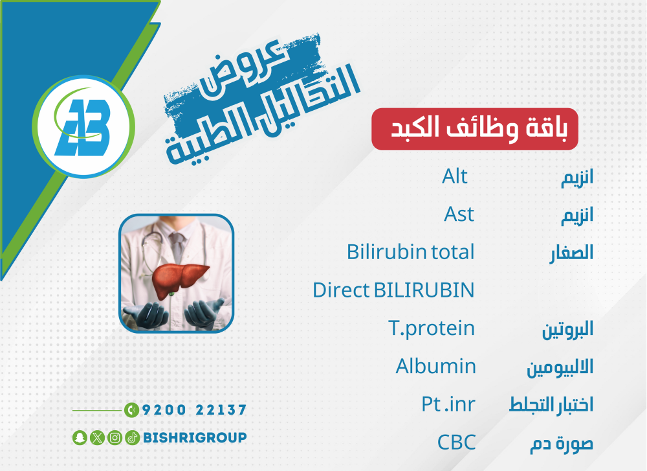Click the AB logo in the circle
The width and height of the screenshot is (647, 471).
click(x=83, y=126)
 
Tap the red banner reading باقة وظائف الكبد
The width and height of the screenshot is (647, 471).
click(x=475, y=129)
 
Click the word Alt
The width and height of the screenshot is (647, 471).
click(x=454, y=176)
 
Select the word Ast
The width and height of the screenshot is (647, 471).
click(x=459, y=214)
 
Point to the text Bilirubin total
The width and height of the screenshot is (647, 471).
click(x=411, y=252)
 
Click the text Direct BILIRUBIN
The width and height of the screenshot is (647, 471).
click(x=393, y=290)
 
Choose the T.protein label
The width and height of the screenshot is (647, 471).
click(x=432, y=329)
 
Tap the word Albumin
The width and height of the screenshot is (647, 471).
click(x=435, y=367)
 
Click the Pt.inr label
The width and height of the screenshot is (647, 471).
click(x=448, y=404)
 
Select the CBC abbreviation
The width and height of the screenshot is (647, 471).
click(x=456, y=442)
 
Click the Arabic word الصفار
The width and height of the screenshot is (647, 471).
click(x=571, y=253)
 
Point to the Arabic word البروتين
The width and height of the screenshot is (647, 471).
click(x=568, y=330)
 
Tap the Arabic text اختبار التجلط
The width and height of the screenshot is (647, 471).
click(x=551, y=405)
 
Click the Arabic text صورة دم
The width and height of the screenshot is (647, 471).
click(x=562, y=443)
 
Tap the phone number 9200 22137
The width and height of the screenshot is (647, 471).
click(x=194, y=410)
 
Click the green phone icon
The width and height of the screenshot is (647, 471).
click(x=131, y=410)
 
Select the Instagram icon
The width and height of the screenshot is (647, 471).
click(x=115, y=437)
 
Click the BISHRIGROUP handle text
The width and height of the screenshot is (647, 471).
click(x=195, y=437)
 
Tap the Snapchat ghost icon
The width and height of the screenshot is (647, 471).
click(x=80, y=437)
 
